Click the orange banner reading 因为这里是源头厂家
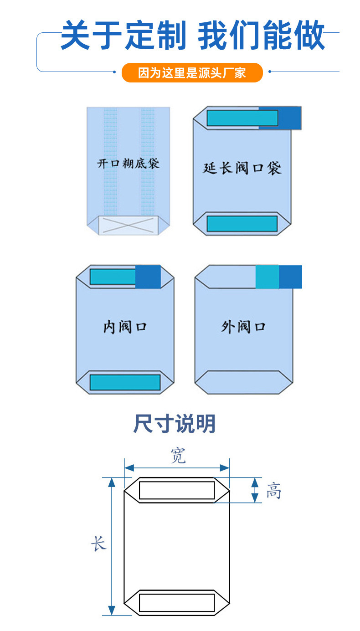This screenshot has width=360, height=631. (x=192, y=72)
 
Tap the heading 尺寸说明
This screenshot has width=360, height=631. (x=175, y=424)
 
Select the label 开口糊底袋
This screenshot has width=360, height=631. (x=128, y=163)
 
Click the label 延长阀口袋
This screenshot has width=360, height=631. (x=242, y=168)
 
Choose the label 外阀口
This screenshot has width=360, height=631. (x=243, y=326)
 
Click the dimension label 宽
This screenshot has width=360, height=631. (x=178, y=455)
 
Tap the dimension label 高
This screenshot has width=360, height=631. (x=273, y=491)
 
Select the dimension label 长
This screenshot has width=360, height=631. (x=98, y=544)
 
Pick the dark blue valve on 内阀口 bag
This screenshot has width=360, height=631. (x=148, y=277)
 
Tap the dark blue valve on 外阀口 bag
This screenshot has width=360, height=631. (x=290, y=277)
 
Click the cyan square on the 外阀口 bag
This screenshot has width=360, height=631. (x=267, y=277)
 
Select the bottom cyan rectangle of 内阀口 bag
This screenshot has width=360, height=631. (x=125, y=382)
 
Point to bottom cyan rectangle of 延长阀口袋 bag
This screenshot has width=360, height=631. (x=242, y=224)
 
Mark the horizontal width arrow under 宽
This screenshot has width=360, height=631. (x=177, y=467)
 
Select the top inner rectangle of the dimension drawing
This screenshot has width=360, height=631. (x=177, y=490)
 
